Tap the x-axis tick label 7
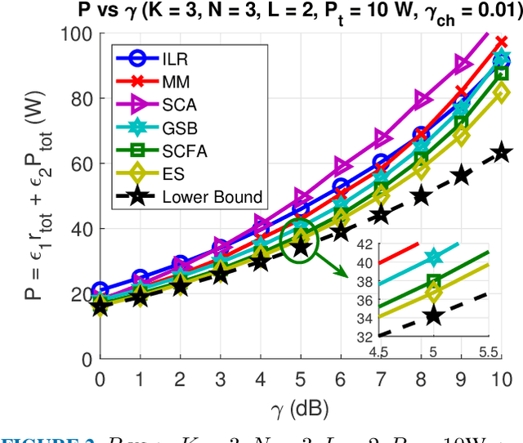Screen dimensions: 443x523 click(x=381, y=379)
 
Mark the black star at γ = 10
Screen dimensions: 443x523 click(x=502, y=153)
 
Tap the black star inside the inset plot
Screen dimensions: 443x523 click(x=433, y=316)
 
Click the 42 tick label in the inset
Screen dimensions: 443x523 click(x=364, y=244)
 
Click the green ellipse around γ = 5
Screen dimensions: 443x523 click(x=301, y=242)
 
